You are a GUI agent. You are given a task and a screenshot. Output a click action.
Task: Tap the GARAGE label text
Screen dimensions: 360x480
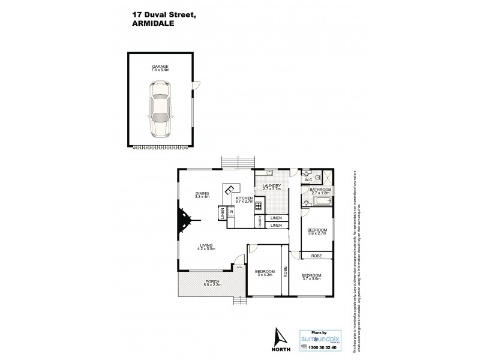(160, 67)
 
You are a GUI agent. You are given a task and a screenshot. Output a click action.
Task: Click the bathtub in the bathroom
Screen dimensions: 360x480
(317, 203)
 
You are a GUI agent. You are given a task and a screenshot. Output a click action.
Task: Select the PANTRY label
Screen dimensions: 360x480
(259, 221)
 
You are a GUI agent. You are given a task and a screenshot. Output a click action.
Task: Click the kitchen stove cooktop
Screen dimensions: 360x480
(258, 206)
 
